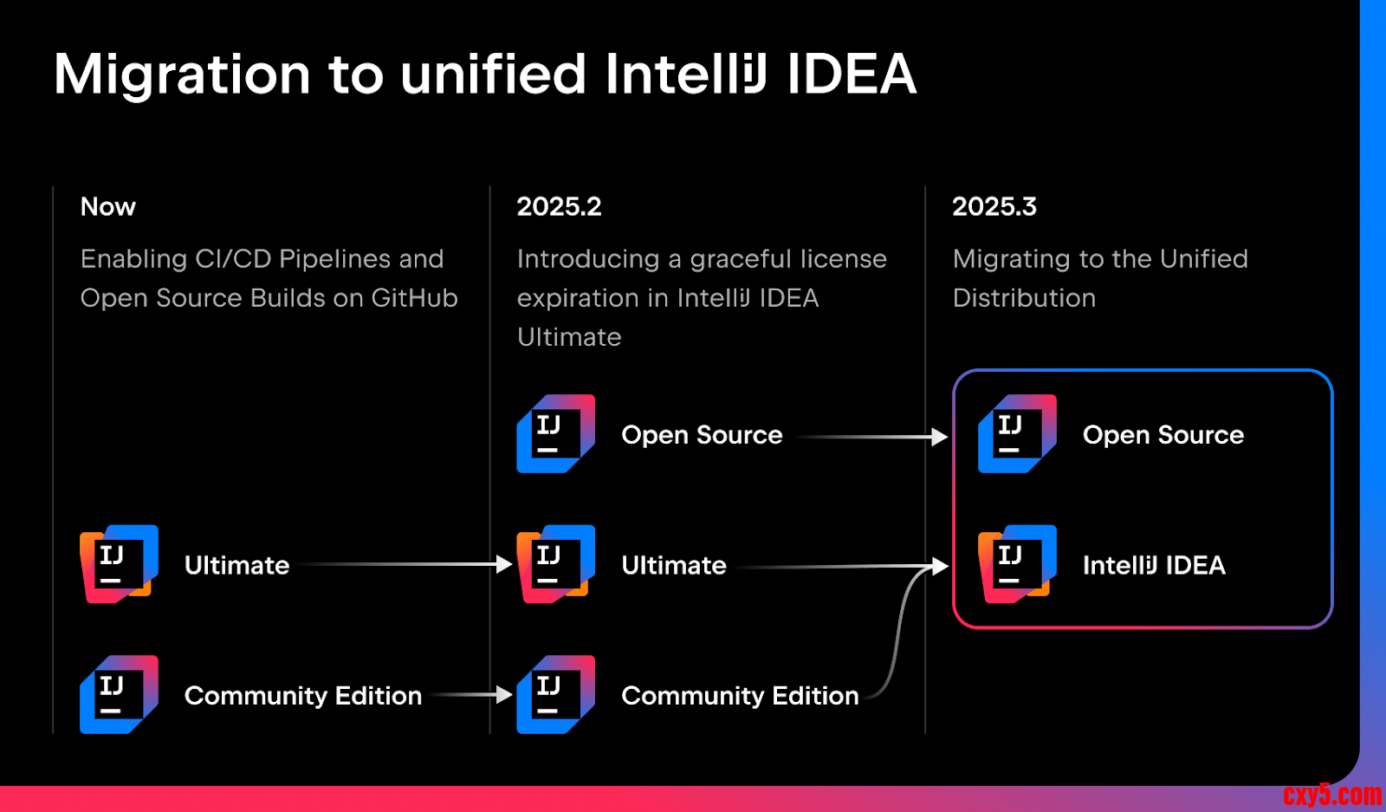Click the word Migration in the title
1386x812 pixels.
point(182,75)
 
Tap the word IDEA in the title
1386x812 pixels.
point(852,74)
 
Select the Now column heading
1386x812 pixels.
point(107,206)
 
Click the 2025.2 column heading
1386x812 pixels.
point(559,206)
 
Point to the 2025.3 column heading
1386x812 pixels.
point(994,206)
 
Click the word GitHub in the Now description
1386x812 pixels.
point(415,298)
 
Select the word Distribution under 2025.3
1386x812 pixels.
point(1024,298)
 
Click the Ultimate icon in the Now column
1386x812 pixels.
point(119,564)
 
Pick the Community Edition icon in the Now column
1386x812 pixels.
point(119,694)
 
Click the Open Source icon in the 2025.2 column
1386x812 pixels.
point(555,434)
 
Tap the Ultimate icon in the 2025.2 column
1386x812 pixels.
point(555,564)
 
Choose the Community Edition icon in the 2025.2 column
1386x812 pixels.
point(555,694)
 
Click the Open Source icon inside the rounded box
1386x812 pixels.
point(1017,434)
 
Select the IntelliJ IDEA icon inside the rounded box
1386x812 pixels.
point(1017,564)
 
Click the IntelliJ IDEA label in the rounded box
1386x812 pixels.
point(1154,565)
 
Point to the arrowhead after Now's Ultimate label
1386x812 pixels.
point(504,564)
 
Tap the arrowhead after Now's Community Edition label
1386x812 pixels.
point(504,695)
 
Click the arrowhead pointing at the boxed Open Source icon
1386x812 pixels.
point(940,437)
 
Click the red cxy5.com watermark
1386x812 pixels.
point(1332,795)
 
